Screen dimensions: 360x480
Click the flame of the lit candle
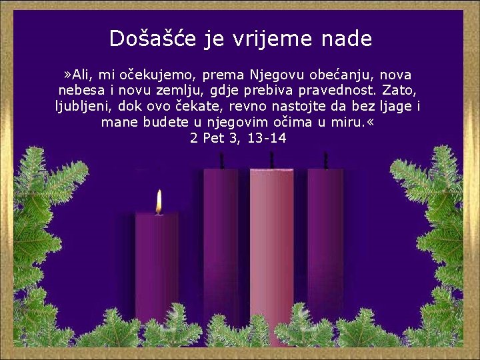(x=159, y=202)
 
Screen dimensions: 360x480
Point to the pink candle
(x=271, y=253)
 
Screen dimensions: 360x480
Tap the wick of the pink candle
(x=271, y=160)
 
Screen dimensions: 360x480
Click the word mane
(x=118, y=122)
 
